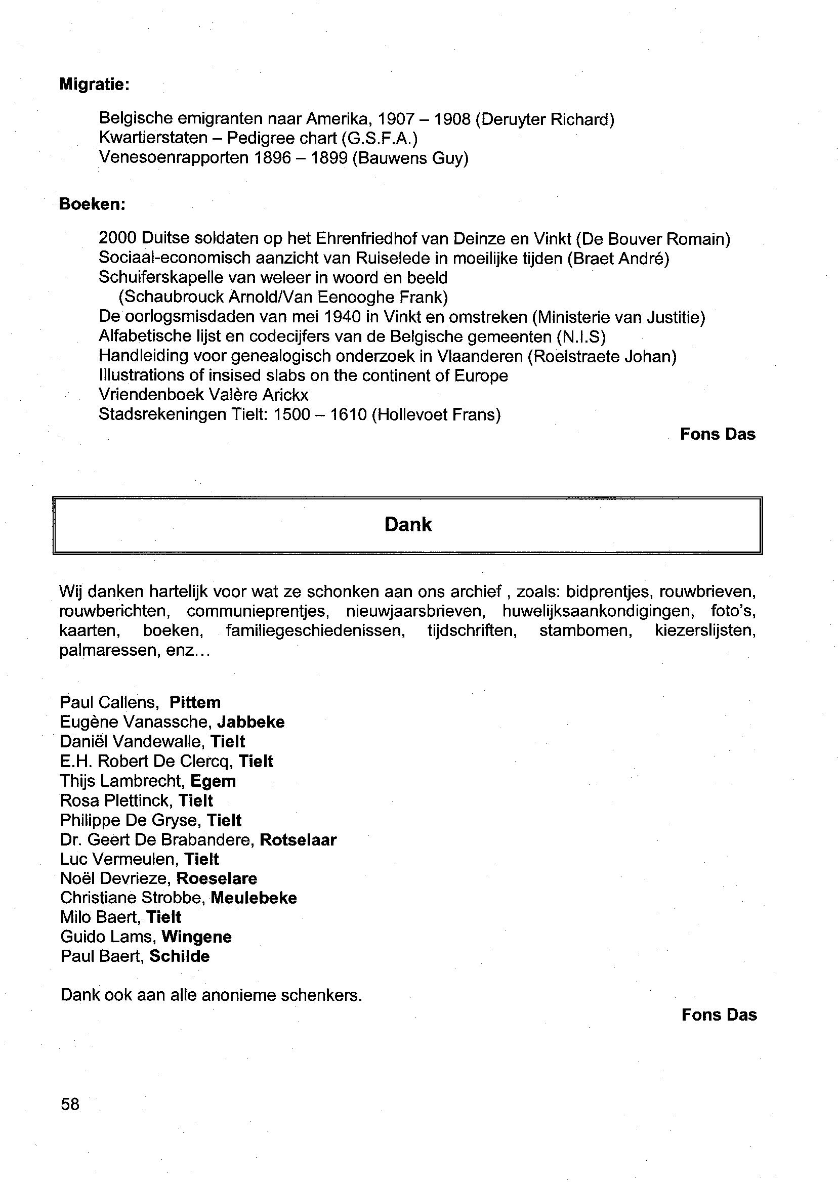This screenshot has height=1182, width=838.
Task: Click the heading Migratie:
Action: coord(94,84)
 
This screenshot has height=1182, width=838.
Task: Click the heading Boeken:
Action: coord(92,204)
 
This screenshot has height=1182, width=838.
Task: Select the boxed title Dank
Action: coord(408,525)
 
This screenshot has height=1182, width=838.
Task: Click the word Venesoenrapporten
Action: coord(174,158)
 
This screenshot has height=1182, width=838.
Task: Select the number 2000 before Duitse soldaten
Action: coord(117,238)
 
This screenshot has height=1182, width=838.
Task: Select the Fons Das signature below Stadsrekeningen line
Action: coord(717,434)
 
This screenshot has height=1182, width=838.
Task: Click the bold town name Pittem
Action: coord(195,703)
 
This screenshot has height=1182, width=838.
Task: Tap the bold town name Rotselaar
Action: coord(298,840)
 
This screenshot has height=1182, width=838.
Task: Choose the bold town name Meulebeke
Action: coord(254,898)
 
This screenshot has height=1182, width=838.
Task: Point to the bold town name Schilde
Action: coord(180,956)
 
